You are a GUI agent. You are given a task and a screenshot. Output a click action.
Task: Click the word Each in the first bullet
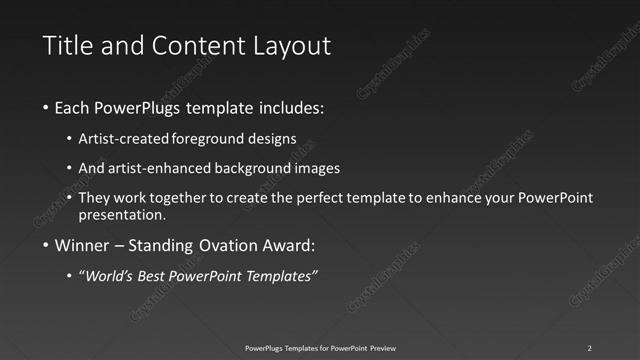point(72,107)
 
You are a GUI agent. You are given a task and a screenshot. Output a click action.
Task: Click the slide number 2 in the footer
point(589,348)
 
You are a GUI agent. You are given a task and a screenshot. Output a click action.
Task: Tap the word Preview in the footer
point(381,348)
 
